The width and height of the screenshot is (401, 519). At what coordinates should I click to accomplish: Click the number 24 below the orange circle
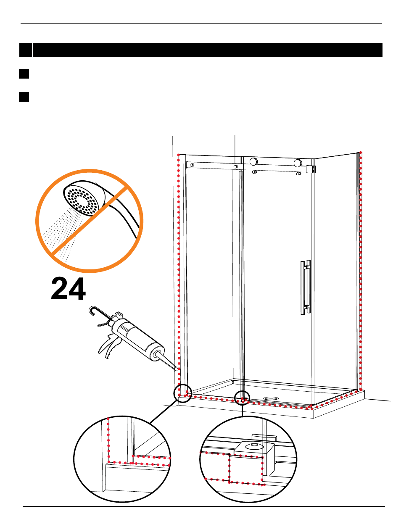[x=69, y=289]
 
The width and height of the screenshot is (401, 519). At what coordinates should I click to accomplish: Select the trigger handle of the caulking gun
[x=109, y=345]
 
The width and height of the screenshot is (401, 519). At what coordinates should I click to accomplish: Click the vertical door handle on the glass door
[x=306, y=287]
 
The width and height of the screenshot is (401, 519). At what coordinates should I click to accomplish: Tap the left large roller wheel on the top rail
[x=253, y=161]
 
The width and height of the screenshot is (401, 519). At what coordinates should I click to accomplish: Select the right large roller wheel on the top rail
[x=298, y=163]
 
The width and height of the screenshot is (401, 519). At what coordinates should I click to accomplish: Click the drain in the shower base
[x=271, y=398]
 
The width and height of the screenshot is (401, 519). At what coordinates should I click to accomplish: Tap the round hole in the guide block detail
[x=253, y=445]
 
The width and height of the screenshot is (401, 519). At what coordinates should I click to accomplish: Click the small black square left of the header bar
[x=26, y=50]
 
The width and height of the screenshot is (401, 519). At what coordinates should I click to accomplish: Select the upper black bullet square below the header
[x=24, y=74]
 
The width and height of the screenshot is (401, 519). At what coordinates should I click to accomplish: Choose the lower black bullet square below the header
[x=24, y=97]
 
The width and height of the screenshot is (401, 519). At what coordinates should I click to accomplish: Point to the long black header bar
[x=208, y=50]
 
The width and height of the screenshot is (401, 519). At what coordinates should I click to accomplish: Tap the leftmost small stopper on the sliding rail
[x=192, y=165]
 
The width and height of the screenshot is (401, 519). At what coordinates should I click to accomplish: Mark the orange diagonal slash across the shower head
[x=89, y=221]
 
